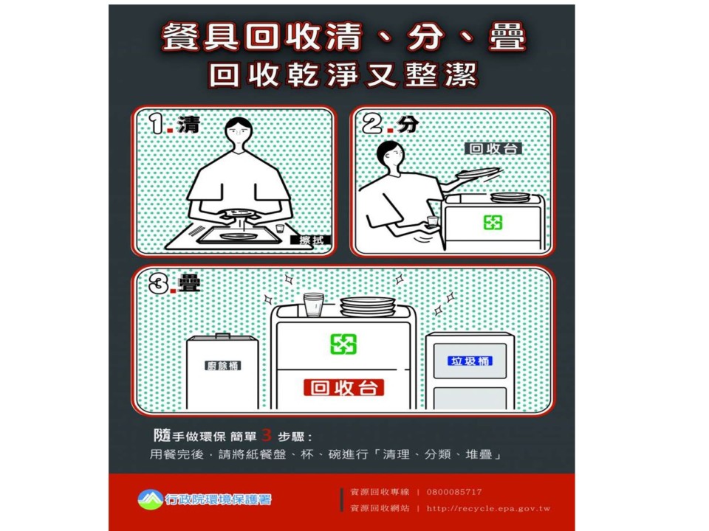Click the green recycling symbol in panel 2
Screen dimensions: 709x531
pos(493,222)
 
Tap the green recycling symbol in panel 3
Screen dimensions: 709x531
pos(343,344)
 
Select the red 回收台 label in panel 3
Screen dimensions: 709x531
pos(343,387)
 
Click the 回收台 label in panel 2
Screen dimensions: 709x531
pos(493,148)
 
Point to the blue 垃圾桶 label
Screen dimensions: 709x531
pos(470,361)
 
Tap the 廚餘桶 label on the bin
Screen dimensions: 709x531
pos(222,365)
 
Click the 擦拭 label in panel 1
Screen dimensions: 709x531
pos(311,240)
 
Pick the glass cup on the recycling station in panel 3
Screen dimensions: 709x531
pos(314,305)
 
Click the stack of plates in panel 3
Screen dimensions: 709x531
pos(368,307)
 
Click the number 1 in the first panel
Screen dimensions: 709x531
pos(157,124)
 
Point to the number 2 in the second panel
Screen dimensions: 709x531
pos(372,123)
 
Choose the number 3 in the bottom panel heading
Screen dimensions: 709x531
pos(160,284)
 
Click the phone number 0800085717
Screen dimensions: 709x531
pos(454,492)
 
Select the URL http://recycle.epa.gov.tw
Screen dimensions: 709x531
pos(488,508)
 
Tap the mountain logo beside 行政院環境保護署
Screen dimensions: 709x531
pos(151,499)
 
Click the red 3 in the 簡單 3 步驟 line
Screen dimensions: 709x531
pos(267,435)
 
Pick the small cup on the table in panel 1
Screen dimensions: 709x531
pos(280,229)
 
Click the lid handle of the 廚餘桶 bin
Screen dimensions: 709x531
pos(222,336)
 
